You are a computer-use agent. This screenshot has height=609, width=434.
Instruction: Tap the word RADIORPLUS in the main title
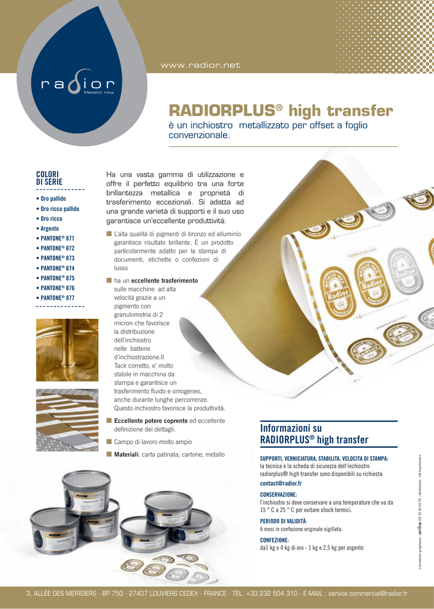[x=221, y=111]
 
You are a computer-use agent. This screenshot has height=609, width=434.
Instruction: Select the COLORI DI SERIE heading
[x=49, y=177]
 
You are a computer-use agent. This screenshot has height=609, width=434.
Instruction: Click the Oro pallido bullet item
[x=52, y=199]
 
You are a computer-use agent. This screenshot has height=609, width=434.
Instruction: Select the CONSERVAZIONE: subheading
[x=279, y=494]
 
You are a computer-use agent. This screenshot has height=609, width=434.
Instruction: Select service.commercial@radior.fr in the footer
[x=368, y=594]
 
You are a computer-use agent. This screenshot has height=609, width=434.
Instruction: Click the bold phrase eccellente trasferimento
[x=164, y=280]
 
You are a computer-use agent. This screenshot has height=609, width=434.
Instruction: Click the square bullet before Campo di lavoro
[x=109, y=441]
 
